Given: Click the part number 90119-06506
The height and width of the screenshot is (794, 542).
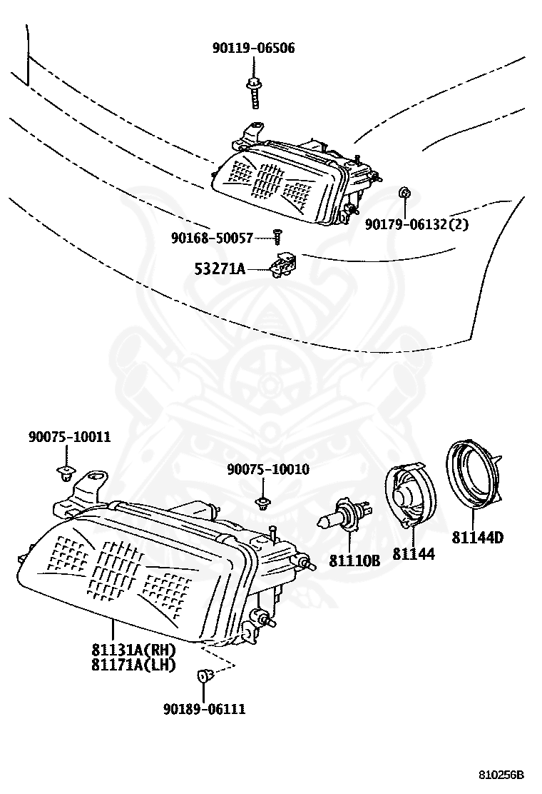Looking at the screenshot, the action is [253, 48].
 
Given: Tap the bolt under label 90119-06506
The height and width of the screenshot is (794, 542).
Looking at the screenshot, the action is [253, 93].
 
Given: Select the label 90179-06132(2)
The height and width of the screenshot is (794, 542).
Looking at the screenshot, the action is [416, 223].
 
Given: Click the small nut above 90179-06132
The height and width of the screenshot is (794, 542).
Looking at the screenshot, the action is [404, 193].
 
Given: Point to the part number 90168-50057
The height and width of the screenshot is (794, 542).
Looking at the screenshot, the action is [211, 238].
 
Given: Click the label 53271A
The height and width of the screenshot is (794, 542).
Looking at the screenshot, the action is [220, 268].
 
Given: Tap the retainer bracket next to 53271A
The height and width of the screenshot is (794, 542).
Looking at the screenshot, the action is [283, 264].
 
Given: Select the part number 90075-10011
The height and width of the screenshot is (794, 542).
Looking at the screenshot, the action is [69, 436].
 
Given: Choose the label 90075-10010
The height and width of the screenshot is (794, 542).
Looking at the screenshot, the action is [268, 469].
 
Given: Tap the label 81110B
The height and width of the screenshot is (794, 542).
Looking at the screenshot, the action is [354, 561].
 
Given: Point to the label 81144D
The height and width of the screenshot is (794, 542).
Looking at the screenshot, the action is [477, 537].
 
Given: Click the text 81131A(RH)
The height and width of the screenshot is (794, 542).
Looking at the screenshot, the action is [133, 649].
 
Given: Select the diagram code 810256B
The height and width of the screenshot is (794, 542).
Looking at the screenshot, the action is [501, 775].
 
